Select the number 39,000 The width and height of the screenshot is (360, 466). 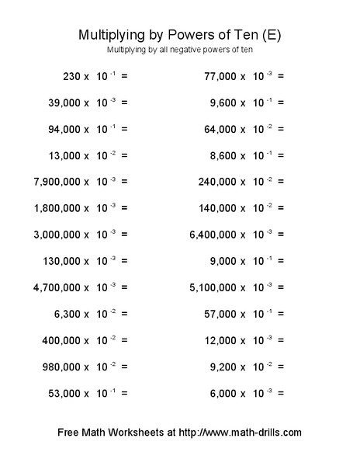point(63,103)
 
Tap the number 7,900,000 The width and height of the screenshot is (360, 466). point(57,182)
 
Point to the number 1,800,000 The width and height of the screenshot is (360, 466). point(57,208)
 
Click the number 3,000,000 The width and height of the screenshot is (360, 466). point(57,235)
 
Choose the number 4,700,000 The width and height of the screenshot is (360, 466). point(57,287)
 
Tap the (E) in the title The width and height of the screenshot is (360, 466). point(272,35)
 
